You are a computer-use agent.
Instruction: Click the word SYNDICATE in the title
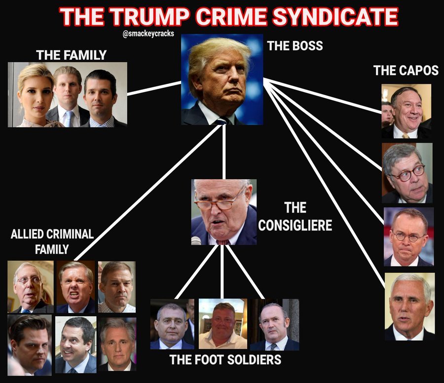click(x=335, y=17)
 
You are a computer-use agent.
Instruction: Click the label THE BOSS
click(x=295, y=46)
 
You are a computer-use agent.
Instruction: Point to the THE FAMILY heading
click(x=71, y=55)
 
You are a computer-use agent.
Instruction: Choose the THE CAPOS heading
click(x=406, y=70)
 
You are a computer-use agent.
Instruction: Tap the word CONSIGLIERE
click(x=295, y=225)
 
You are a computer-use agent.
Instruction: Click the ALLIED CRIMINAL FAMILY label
click(x=52, y=241)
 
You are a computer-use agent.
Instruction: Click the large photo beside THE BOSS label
click(x=222, y=79)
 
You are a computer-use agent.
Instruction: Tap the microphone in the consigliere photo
click(x=196, y=240)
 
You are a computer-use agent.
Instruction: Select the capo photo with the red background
click(x=408, y=237)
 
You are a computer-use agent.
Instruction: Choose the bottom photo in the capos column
click(x=409, y=306)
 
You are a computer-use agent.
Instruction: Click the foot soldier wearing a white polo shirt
click(x=222, y=324)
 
